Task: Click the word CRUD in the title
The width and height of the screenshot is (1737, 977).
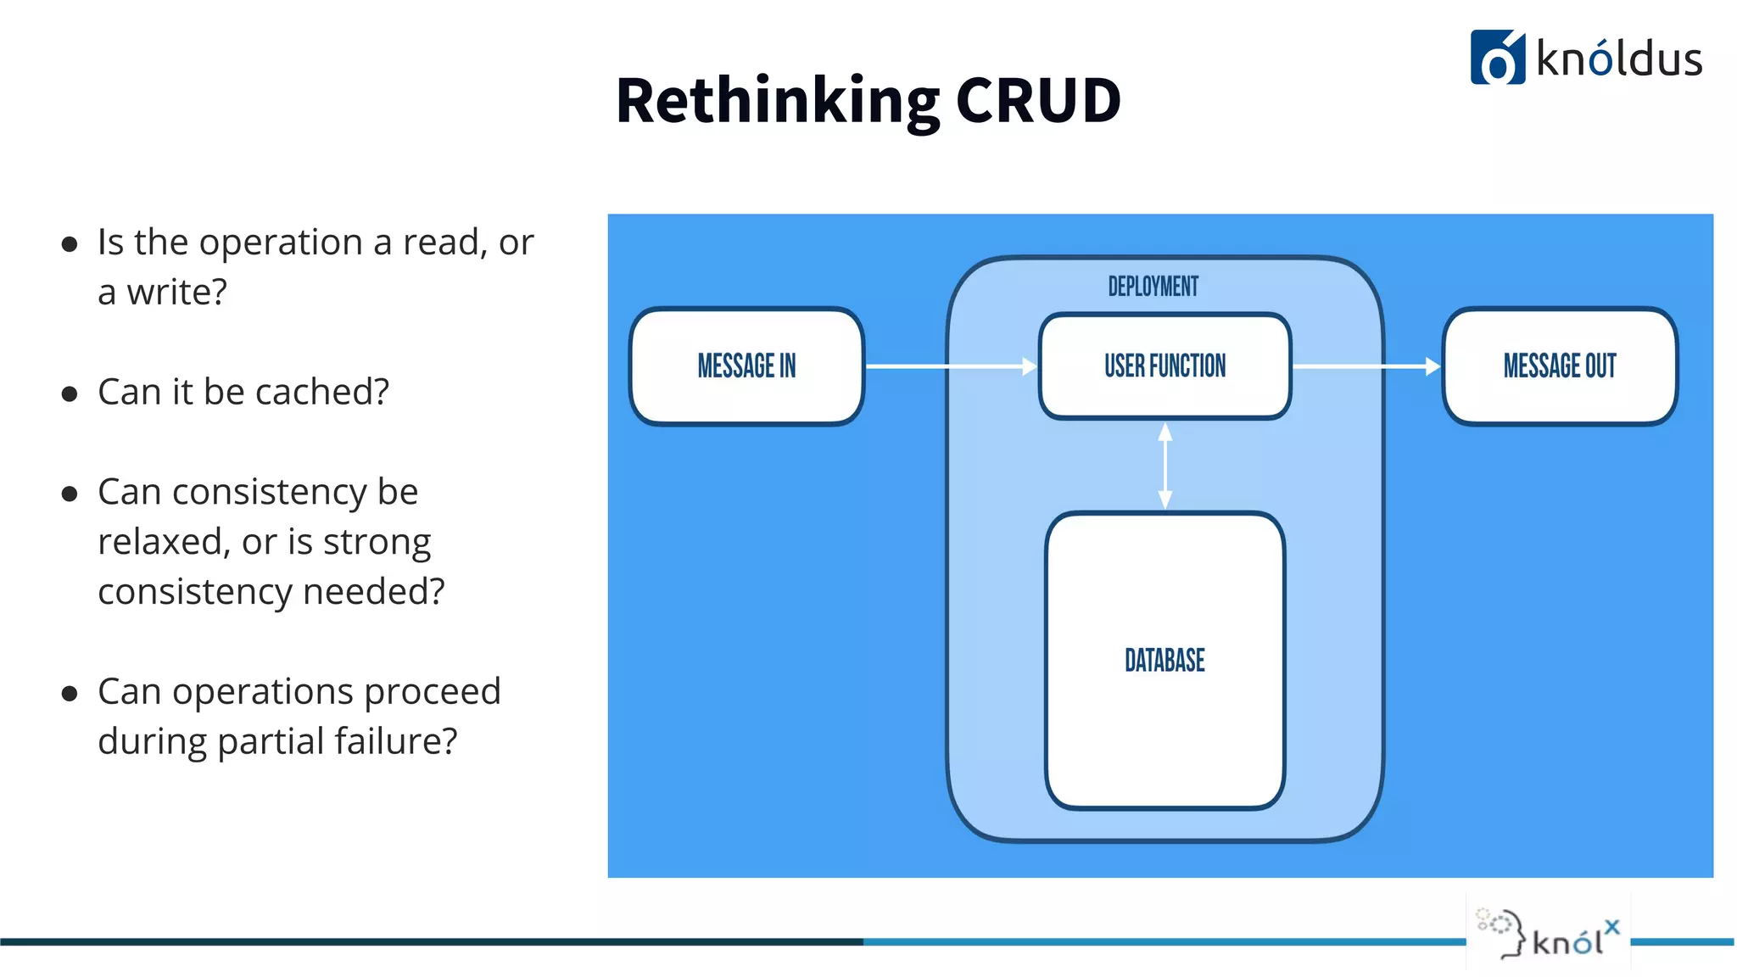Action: tap(1038, 101)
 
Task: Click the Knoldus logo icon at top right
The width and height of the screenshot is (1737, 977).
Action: tap(1497, 58)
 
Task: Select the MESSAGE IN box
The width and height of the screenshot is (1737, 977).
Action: tap(746, 366)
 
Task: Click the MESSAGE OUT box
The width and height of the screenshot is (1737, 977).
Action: tap(1560, 366)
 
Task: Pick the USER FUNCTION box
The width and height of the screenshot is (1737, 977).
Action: tap(1165, 366)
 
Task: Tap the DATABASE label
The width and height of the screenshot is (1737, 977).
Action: tap(1165, 660)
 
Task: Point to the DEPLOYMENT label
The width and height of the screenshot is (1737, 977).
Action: tap(1153, 287)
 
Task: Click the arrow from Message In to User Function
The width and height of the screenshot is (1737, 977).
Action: tap(950, 366)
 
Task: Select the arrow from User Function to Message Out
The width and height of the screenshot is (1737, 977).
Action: tap(1366, 366)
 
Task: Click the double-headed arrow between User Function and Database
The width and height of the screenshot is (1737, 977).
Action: tap(1165, 466)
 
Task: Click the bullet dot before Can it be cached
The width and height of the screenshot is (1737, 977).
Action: tap(70, 394)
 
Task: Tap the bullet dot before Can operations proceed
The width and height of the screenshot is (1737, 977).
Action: tap(70, 694)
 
